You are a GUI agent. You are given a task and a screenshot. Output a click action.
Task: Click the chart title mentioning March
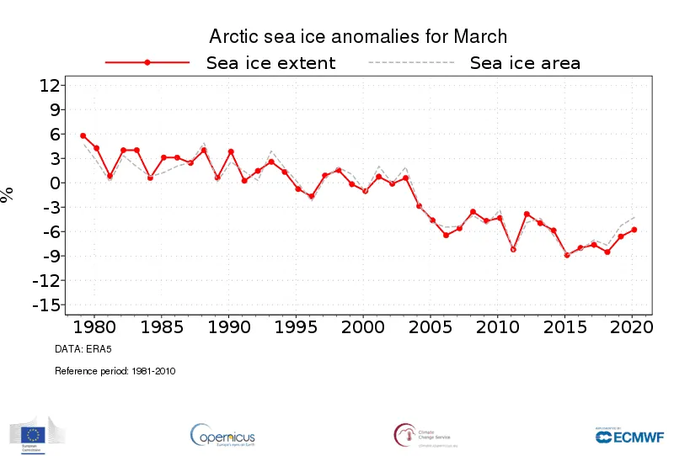tap(358, 36)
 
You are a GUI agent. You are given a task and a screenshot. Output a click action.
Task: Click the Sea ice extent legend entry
tap(270, 63)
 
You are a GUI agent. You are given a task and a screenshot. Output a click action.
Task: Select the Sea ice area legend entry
tap(524, 63)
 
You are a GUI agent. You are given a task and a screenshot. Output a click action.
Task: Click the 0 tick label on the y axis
tap(54, 183)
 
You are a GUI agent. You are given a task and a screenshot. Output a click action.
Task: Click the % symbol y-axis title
tap(8, 194)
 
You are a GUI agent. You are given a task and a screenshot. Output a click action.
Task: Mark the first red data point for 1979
tap(83, 135)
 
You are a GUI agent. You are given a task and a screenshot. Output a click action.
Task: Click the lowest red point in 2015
tap(567, 255)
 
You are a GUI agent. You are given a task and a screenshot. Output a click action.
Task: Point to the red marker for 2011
tap(513, 249)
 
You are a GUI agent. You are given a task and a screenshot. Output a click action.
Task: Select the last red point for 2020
tap(634, 230)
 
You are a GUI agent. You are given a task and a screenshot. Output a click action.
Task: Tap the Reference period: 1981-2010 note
tap(115, 370)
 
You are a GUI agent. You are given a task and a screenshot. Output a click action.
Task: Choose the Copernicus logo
tap(222, 435)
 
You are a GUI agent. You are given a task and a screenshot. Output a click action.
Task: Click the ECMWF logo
tap(629, 435)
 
